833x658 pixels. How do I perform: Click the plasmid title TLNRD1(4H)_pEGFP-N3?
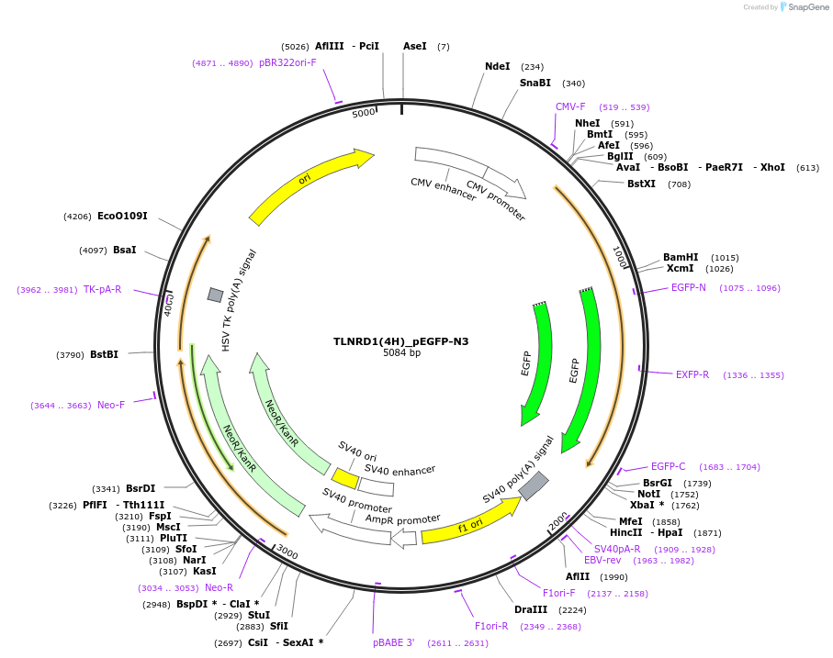pyautogui.click(x=400, y=341)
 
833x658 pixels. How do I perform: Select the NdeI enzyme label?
pyautogui.click(x=497, y=66)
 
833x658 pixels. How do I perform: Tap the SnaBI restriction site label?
pyautogui.click(x=535, y=83)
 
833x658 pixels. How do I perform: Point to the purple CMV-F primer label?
pyautogui.click(x=570, y=106)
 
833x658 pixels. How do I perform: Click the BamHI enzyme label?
pyautogui.click(x=681, y=257)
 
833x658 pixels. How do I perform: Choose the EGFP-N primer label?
pyautogui.click(x=688, y=287)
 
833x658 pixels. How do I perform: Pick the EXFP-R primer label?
pyautogui.click(x=692, y=374)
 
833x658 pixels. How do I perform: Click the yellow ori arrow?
pyautogui.click(x=310, y=184)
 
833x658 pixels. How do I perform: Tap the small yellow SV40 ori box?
pyautogui.click(x=345, y=478)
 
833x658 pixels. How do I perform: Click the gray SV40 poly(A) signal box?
pyautogui.click(x=534, y=485)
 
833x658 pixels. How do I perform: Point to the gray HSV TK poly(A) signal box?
pyautogui.click(x=215, y=295)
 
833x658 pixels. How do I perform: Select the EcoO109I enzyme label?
pyautogui.click(x=122, y=216)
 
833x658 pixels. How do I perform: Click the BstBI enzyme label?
pyautogui.click(x=104, y=354)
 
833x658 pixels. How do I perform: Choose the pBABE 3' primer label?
pyautogui.click(x=394, y=642)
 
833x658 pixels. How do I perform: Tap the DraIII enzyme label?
pyautogui.click(x=531, y=609)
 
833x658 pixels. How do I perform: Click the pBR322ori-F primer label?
pyautogui.click(x=287, y=62)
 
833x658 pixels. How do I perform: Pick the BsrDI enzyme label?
pyautogui.click(x=141, y=488)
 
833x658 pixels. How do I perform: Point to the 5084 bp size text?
pyautogui.click(x=401, y=352)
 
